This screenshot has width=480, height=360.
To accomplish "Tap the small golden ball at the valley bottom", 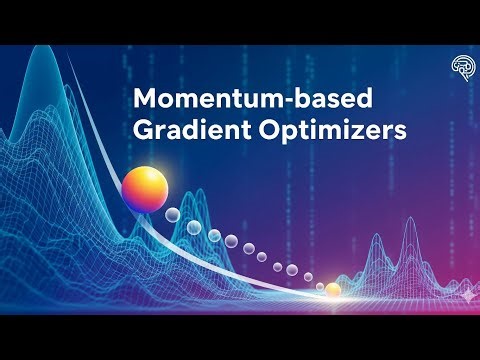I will coord(333,290).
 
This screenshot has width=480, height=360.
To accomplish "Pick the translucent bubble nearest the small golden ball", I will coord(311,284).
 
